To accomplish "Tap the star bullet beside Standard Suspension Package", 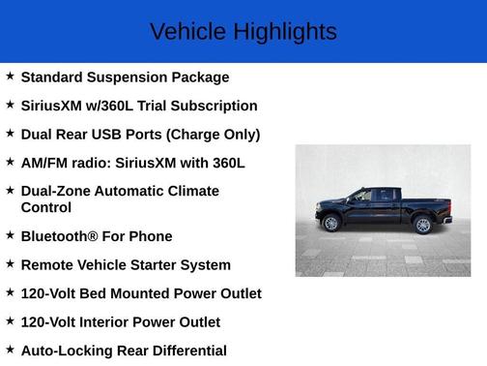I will (10, 76).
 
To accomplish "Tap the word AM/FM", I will (45, 163).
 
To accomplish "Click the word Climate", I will (194, 191).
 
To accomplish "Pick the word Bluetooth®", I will (59, 236).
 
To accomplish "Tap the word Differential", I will (184, 351).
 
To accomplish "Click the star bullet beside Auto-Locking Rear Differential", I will (10, 349).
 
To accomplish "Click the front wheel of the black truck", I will (331, 224).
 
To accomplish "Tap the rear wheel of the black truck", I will (422, 225).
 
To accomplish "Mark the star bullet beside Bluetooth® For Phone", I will (10, 234).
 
